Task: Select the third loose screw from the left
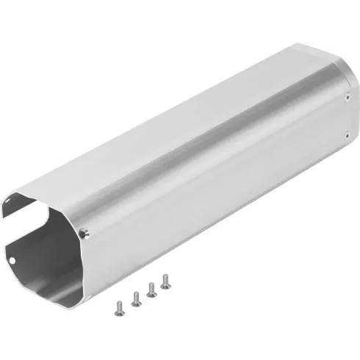(x=151, y=289)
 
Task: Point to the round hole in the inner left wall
(x=12, y=259)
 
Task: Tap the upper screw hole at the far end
(x=347, y=95)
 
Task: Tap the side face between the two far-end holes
(x=345, y=114)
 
